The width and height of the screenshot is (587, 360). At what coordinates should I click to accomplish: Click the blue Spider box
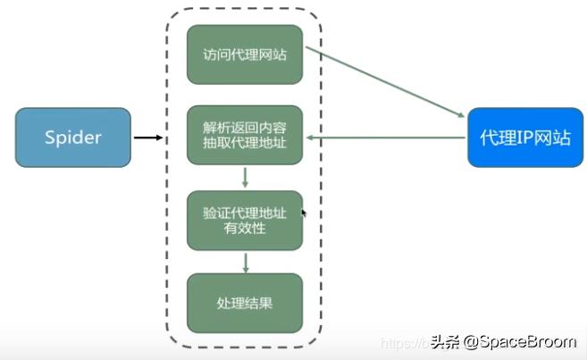pyautogui.click(x=73, y=137)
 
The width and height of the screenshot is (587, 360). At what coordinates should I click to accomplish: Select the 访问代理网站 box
pyautogui.click(x=245, y=55)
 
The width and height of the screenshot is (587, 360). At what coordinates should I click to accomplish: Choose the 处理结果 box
pyautogui.click(x=245, y=303)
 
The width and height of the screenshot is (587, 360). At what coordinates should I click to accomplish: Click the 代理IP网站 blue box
pyautogui.click(x=524, y=137)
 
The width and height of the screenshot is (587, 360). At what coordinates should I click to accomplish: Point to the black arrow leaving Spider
pyautogui.click(x=148, y=138)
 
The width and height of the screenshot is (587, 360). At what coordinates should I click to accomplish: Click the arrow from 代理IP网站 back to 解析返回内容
pyautogui.click(x=384, y=138)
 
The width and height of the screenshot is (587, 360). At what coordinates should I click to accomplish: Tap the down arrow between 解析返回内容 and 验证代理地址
pyautogui.click(x=245, y=178)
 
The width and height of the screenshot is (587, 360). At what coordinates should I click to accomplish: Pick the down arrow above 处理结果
pyautogui.click(x=245, y=262)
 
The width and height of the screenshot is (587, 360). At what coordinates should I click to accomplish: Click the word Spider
pyautogui.click(x=73, y=138)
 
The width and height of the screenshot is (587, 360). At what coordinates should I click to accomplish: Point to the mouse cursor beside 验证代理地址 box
pyautogui.click(x=305, y=213)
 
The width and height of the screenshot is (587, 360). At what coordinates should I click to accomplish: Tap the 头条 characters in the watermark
pyautogui.click(x=444, y=342)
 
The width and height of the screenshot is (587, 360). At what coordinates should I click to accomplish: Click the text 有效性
pyautogui.click(x=245, y=230)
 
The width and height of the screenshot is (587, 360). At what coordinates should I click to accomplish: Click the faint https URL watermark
pyautogui.click(x=407, y=342)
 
